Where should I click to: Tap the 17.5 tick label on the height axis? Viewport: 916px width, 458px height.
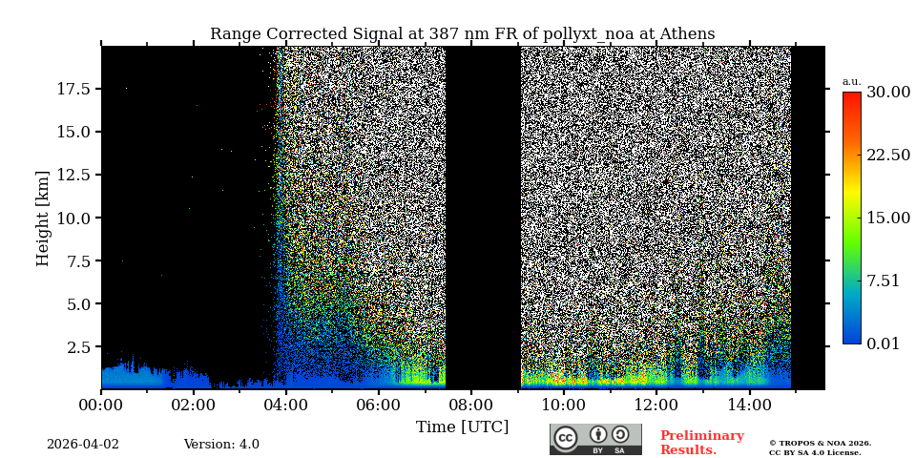[x=73, y=89]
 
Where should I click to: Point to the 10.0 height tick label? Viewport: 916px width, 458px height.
[x=73, y=218]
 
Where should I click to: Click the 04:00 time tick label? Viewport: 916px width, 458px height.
[x=285, y=406]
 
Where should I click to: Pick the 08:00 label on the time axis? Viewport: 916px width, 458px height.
[x=470, y=406]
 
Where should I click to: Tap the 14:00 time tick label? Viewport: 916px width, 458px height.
[x=749, y=406]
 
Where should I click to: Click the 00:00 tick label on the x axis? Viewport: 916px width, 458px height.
[x=101, y=406]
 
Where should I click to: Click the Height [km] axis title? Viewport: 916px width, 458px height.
[x=43, y=218]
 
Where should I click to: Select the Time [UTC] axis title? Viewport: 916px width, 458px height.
[x=462, y=427]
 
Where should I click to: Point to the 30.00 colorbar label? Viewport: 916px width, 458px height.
[x=887, y=93]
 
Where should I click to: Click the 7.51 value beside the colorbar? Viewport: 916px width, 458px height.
[x=883, y=281]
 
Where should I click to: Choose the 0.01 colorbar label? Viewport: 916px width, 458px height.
[x=883, y=343]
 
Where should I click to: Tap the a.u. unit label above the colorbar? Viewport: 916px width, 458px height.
[x=851, y=81]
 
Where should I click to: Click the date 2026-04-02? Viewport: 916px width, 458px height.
[x=83, y=445]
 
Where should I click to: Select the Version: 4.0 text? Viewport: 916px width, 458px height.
[x=221, y=445]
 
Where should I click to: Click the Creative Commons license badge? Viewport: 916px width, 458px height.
[x=595, y=439]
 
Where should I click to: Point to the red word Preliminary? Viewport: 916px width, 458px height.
[x=701, y=436]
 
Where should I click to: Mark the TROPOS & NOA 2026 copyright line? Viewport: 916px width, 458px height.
[x=820, y=443]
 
